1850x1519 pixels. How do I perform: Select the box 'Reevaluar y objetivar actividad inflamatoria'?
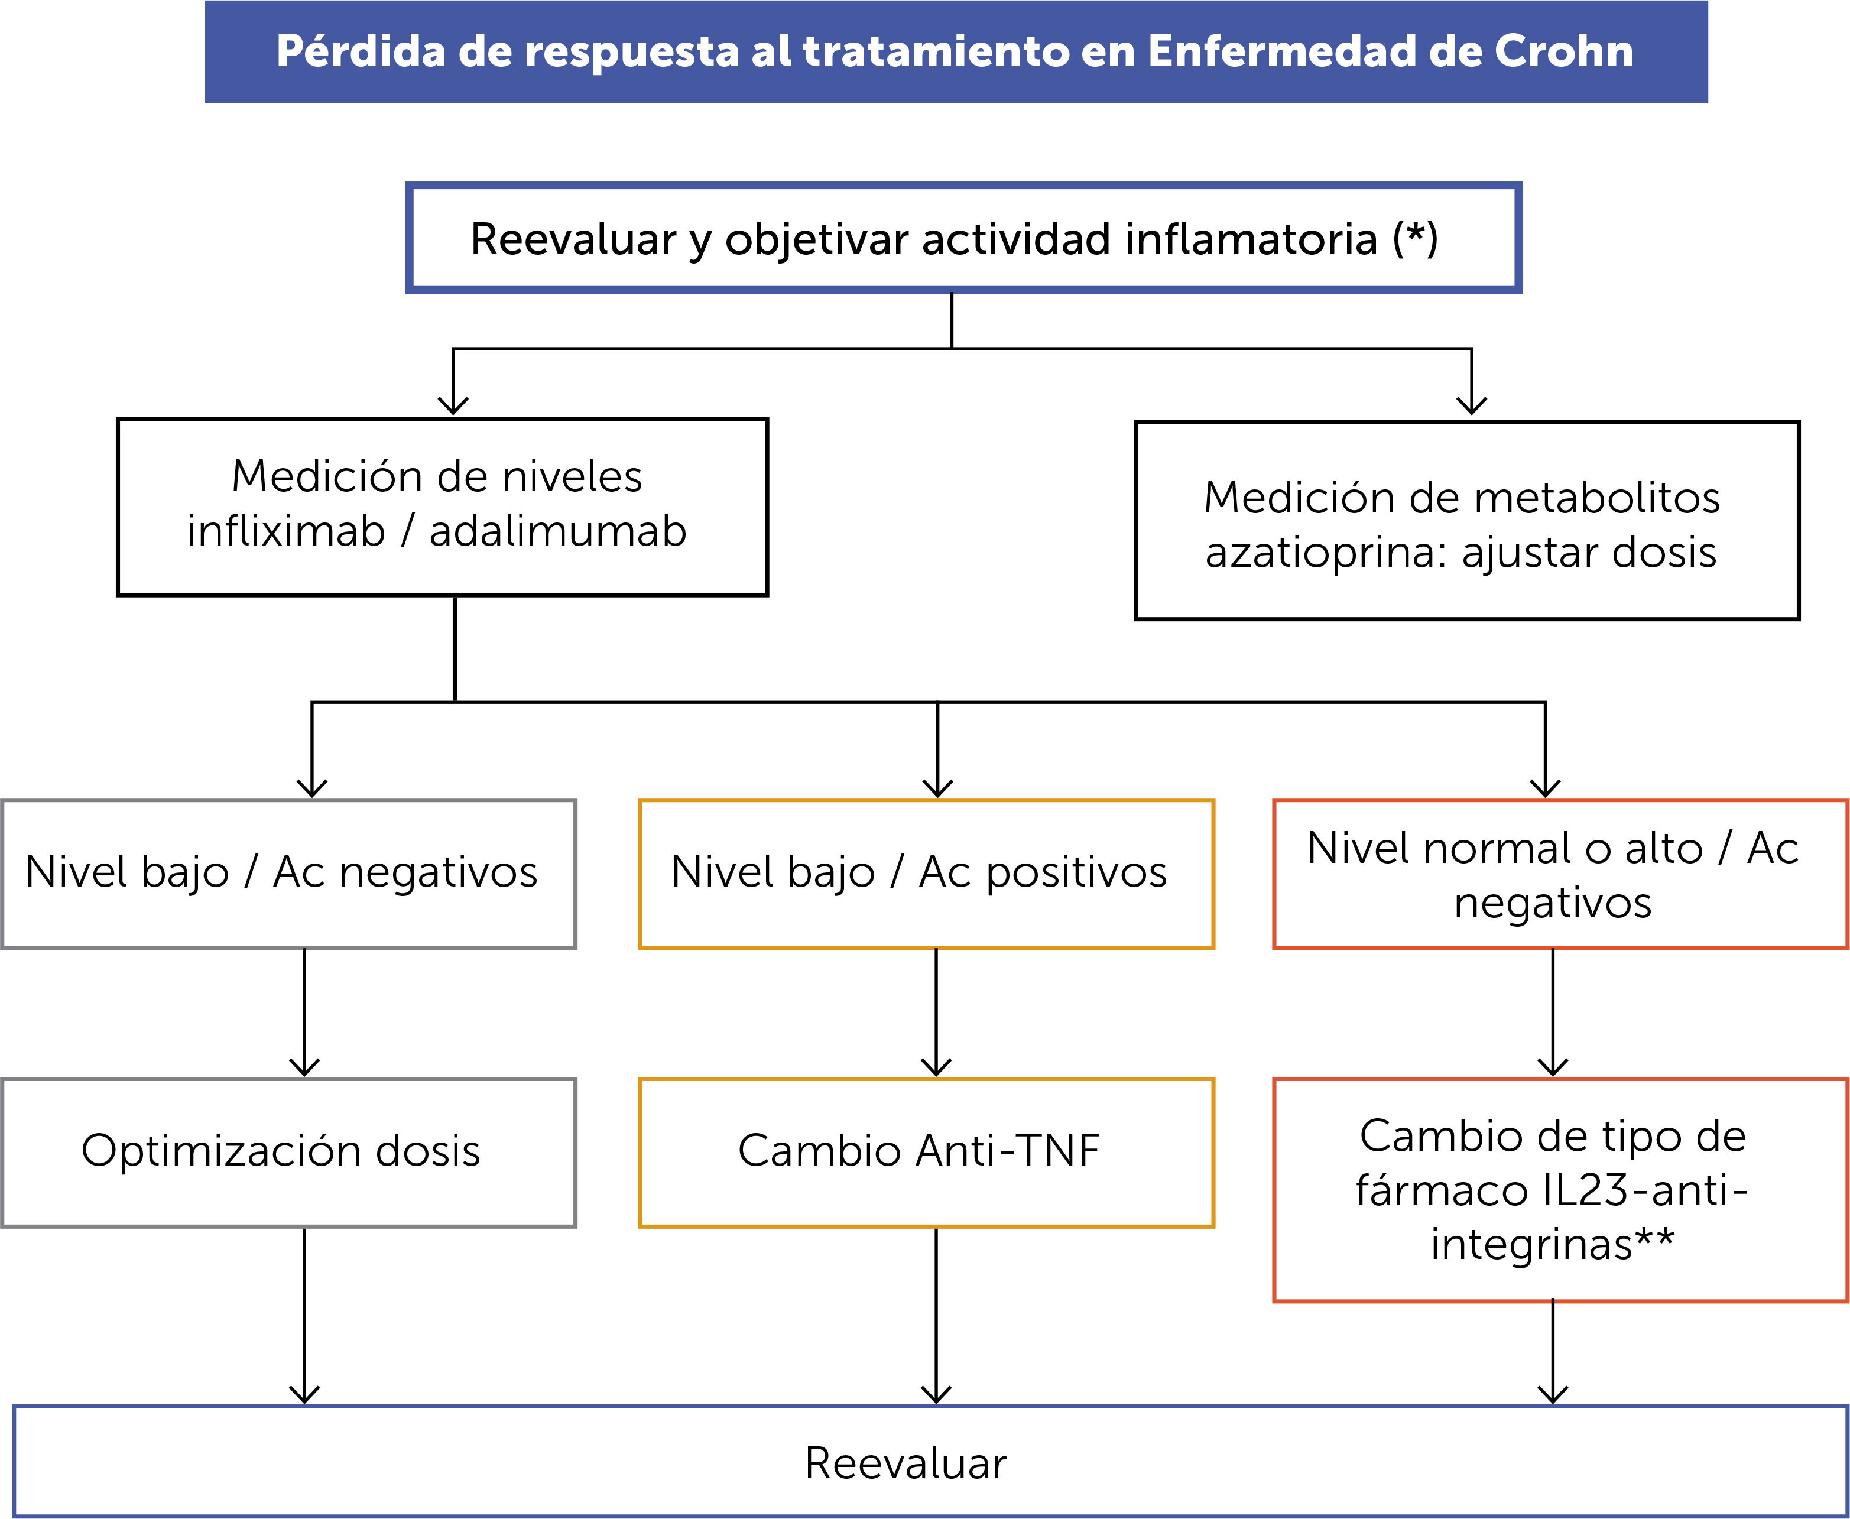tap(963, 238)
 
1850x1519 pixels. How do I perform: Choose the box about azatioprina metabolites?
tap(1466, 521)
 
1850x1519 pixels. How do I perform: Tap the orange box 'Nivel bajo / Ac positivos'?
tap(926, 873)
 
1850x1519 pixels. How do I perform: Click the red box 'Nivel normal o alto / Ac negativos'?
tap(1559, 873)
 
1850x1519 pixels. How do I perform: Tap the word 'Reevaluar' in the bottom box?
tap(905, 1463)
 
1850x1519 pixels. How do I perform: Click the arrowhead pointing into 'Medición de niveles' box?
tap(453, 404)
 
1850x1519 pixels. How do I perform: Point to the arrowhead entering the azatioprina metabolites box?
tap(1472, 404)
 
